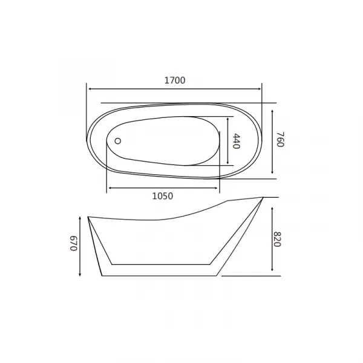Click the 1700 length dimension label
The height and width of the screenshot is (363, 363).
tap(175, 80)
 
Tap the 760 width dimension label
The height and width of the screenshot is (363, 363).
tap(281, 139)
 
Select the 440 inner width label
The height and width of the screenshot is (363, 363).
tap(237, 141)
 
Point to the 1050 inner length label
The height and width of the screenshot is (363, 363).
tap(163, 196)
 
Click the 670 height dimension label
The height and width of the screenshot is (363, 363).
tap(73, 243)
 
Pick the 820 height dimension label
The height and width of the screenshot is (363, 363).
tap(277, 240)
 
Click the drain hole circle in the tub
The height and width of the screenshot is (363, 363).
tap(118, 141)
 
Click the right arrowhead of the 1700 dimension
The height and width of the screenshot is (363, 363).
tap(259, 89)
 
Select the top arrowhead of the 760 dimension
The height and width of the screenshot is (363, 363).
tap(272, 112)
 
